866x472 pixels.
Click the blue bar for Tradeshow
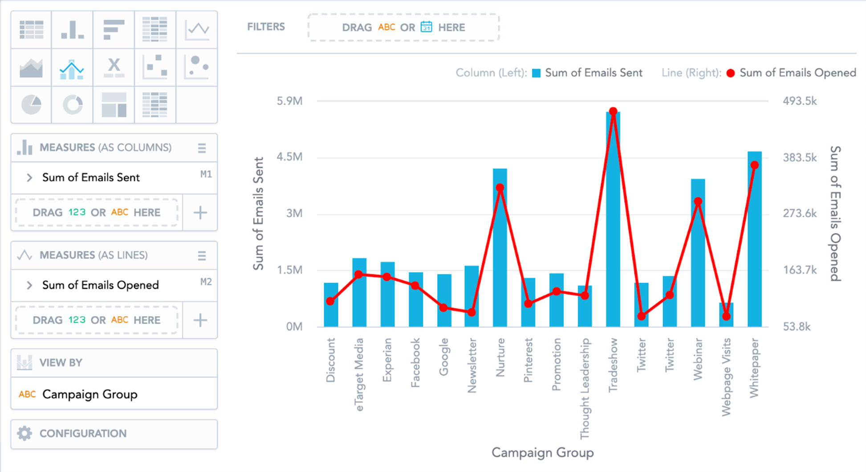(x=613, y=223)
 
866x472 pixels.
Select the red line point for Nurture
(x=500, y=188)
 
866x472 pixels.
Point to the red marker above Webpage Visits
(x=726, y=316)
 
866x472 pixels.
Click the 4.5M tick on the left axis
(x=289, y=157)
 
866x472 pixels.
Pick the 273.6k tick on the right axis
(x=800, y=213)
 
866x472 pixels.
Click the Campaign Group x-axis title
(x=542, y=453)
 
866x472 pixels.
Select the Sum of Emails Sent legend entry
(x=593, y=73)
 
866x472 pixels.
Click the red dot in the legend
(x=731, y=73)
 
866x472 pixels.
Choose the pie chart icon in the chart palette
(x=31, y=105)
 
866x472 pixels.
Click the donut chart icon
(x=73, y=105)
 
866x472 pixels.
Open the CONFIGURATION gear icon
(x=24, y=433)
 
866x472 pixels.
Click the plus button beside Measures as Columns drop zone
(x=200, y=213)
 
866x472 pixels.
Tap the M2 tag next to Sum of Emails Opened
(x=206, y=282)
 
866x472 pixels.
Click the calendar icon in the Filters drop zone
(x=426, y=27)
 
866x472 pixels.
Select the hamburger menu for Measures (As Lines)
(x=202, y=255)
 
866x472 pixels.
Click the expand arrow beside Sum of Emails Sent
(x=29, y=177)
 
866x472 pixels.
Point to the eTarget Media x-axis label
(x=359, y=374)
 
